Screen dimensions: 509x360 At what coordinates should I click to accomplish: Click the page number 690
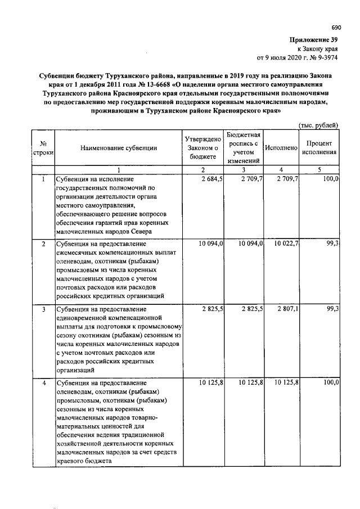coord(336,28)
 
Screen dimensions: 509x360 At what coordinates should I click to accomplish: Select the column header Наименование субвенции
coord(118,148)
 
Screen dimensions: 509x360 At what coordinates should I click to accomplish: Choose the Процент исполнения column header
coord(319,148)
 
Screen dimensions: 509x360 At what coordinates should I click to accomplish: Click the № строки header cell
coord(43,148)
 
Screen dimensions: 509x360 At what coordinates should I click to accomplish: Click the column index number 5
coord(319,169)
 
